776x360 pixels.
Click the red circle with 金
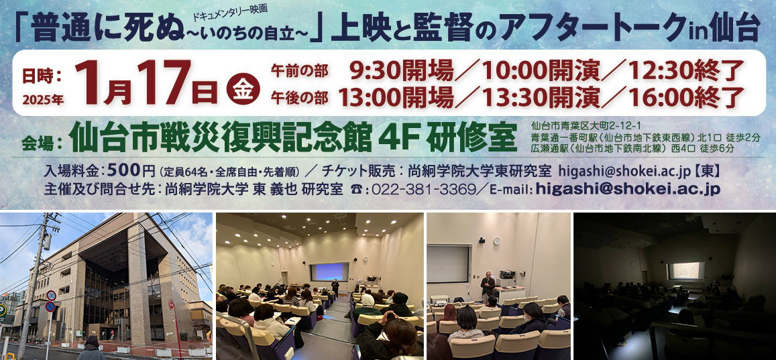pyautogui.click(x=243, y=90)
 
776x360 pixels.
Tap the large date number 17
pyautogui.click(x=164, y=82)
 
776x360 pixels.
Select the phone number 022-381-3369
pyautogui.click(x=422, y=190)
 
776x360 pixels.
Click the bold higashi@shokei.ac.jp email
pyautogui.click(x=628, y=189)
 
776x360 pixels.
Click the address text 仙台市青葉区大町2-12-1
pyautogui.click(x=573, y=125)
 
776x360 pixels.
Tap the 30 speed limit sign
pyautogui.click(x=51, y=295)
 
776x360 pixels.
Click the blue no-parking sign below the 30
pyautogui.click(x=50, y=307)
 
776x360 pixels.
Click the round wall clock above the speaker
pyautogui.click(x=496, y=241)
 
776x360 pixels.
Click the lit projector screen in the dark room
pyautogui.click(x=686, y=271)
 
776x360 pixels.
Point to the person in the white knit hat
pyautogui.click(x=368, y=303)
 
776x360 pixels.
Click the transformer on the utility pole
pyautogui.click(x=48, y=242)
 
